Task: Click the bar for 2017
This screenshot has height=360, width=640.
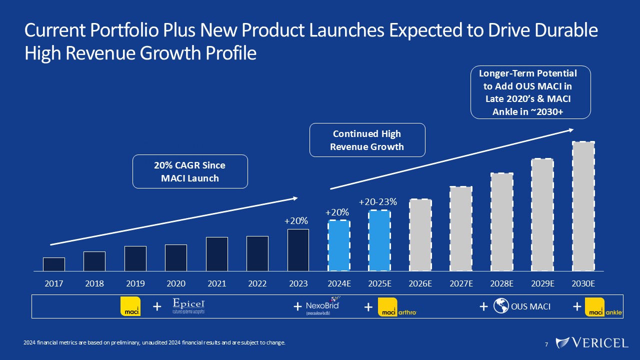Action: pos(54,264)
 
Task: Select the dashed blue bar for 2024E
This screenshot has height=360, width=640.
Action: pos(339,245)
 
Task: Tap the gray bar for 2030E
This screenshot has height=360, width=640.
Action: pos(583,206)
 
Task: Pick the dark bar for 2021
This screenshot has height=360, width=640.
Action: pos(217,254)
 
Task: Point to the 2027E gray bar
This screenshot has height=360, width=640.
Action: pos(461,228)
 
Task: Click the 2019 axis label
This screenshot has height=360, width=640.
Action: pos(135,283)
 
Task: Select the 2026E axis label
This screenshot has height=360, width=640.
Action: pos(420,283)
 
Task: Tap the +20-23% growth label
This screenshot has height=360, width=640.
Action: pos(378,202)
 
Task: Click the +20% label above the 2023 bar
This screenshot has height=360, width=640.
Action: pos(296,220)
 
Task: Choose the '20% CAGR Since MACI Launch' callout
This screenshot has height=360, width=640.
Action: pos(190,171)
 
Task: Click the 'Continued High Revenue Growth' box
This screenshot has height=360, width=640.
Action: pos(367,140)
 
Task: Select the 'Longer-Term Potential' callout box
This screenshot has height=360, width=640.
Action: pos(530,92)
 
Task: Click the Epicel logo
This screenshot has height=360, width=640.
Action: pos(188,306)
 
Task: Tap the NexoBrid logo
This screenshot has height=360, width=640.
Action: pos(322,305)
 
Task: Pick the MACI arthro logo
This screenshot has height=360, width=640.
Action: pos(397,307)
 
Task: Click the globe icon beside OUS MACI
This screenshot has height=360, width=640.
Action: pos(500,306)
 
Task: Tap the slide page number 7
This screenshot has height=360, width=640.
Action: pos(546,344)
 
